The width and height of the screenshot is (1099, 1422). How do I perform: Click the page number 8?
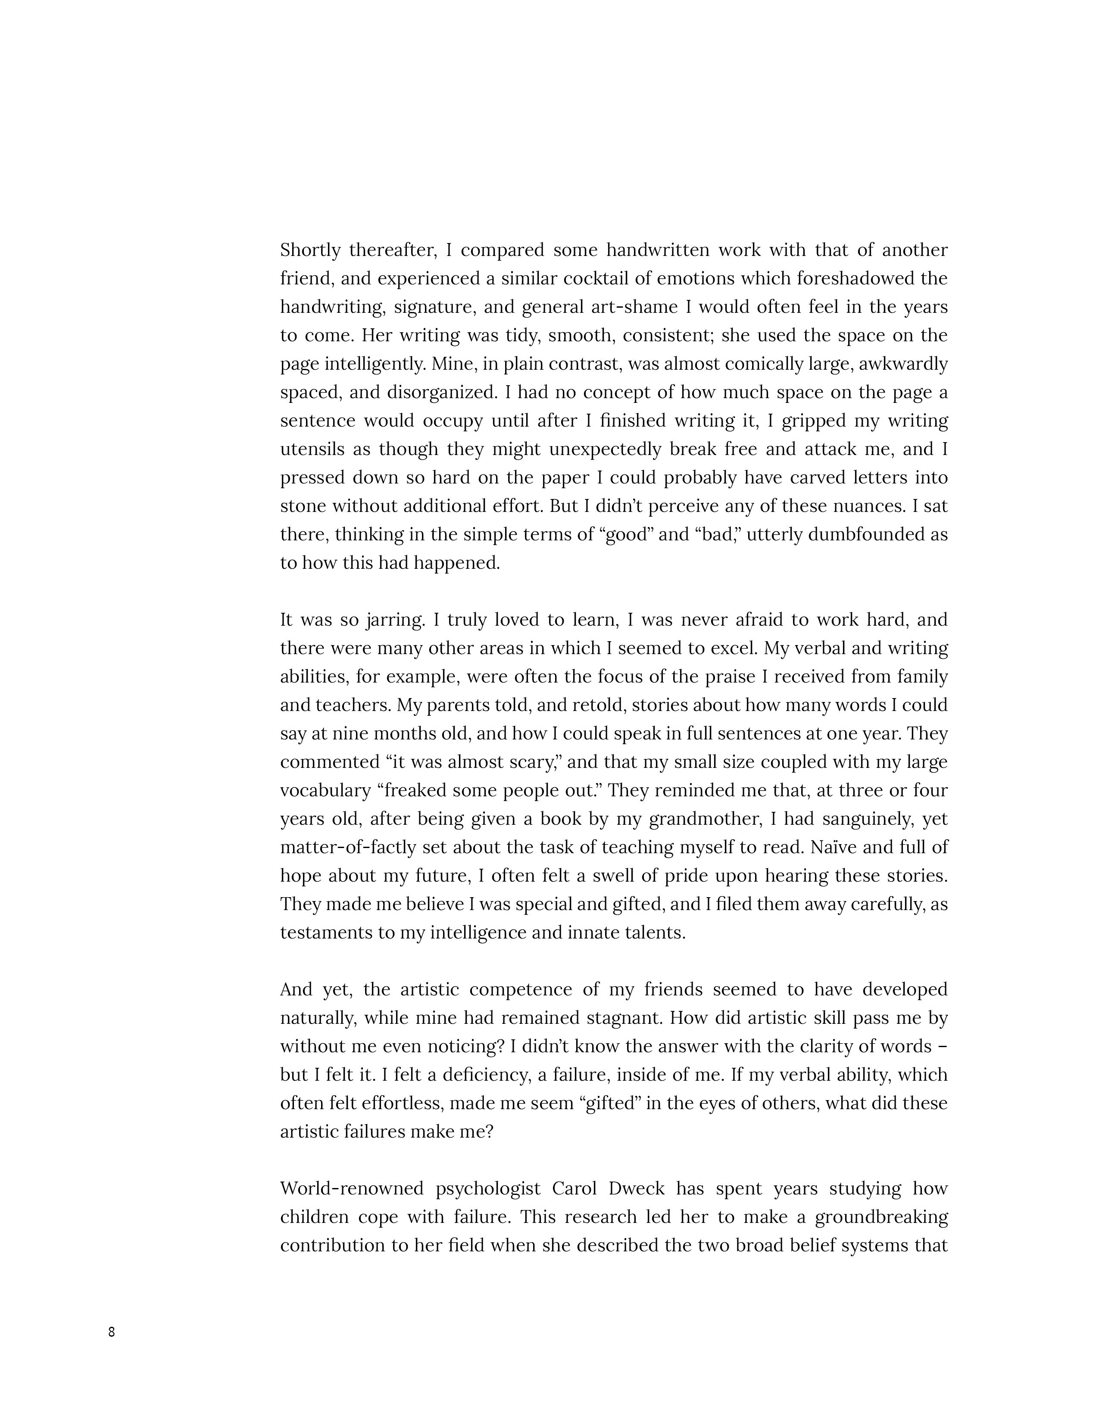[x=111, y=1332]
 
